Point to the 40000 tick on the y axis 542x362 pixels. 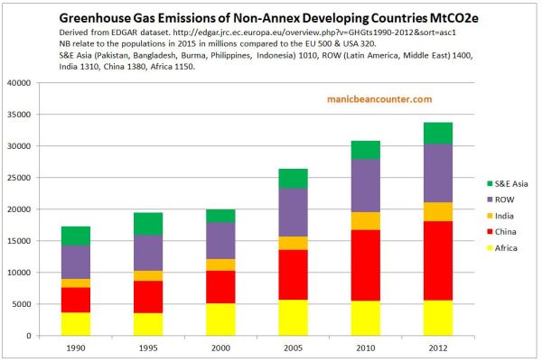[x=42, y=83]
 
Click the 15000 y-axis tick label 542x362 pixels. [x=42, y=241]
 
